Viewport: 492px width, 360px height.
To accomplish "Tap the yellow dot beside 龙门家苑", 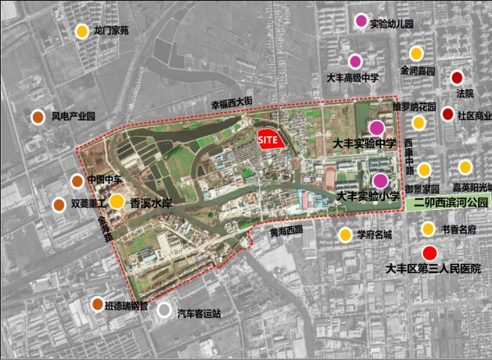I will click(x=82, y=32).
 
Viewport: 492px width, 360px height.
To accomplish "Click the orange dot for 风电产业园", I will click(x=39, y=116).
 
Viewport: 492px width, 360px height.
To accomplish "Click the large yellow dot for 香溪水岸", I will click(x=117, y=201).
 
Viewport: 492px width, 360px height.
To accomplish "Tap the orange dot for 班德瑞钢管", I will click(x=98, y=305).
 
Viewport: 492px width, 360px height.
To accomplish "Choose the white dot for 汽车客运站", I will click(x=165, y=310).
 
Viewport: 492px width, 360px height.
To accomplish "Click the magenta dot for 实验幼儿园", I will click(x=361, y=21).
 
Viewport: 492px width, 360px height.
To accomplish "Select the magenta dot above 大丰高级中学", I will click(x=355, y=61).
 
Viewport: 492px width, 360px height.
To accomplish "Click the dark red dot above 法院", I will click(x=457, y=78).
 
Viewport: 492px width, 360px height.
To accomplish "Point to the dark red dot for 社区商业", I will click(x=448, y=114).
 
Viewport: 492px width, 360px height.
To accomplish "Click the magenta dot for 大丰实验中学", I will click(x=376, y=127).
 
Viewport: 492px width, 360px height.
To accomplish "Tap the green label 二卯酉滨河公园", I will click(x=450, y=202).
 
